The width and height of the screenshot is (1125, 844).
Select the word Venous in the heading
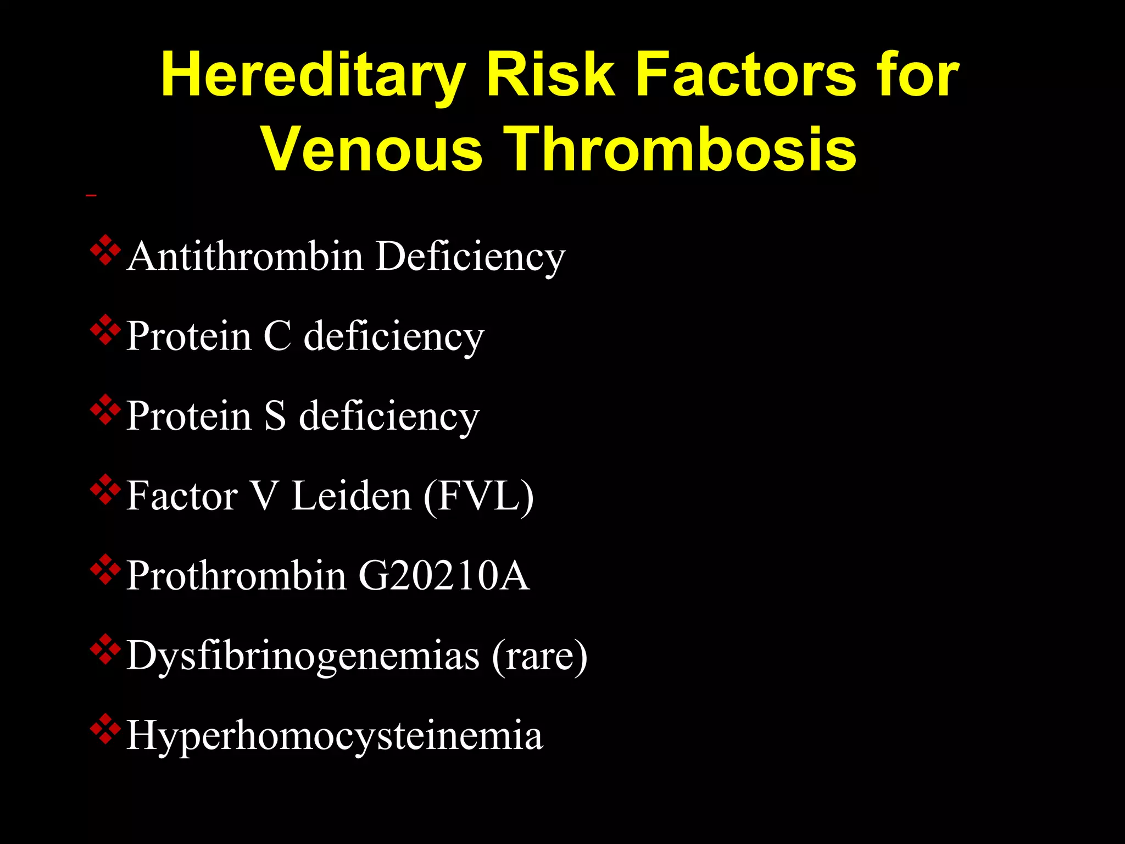[x=372, y=149]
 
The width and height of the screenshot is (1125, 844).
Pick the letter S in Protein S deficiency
[x=275, y=415]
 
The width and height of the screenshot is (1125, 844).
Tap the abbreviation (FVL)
[x=478, y=496]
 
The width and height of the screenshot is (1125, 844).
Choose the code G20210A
[x=444, y=575]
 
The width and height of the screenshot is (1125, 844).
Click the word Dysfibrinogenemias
[x=303, y=655]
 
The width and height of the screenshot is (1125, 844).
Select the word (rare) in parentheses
[x=539, y=655]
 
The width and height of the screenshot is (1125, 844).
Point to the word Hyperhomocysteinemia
[x=335, y=735]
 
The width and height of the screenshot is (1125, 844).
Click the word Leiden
[x=351, y=496]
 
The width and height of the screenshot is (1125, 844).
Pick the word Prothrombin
[x=236, y=575]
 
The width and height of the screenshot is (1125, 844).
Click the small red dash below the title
[x=91, y=195]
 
